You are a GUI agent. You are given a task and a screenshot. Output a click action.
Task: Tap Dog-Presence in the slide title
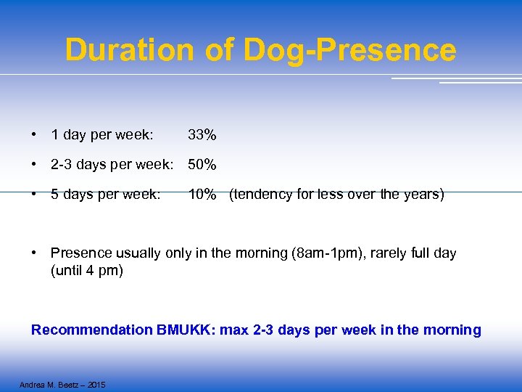pos(349,50)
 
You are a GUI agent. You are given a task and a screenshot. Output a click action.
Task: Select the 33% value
pos(202,135)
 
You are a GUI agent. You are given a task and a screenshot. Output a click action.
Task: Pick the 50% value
pos(202,165)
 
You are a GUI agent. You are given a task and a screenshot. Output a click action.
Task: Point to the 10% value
pos(202,195)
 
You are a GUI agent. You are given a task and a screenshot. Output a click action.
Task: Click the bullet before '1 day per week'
pos(35,135)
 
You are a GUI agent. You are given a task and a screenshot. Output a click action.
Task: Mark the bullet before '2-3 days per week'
pos(35,165)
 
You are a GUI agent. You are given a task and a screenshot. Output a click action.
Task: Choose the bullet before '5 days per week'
pos(35,195)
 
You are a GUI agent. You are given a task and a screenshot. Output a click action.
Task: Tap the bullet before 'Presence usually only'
pos(35,253)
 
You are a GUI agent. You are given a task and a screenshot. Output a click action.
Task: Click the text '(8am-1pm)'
pos(326,253)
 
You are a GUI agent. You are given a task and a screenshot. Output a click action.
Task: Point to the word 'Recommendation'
pos(91,330)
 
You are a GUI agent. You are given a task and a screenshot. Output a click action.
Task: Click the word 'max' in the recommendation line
pos(234,330)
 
